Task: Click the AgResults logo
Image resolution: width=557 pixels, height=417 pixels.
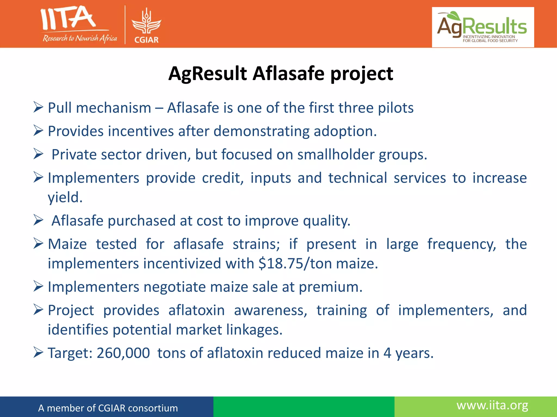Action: (x=483, y=27)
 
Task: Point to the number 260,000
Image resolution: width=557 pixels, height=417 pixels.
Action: (x=123, y=353)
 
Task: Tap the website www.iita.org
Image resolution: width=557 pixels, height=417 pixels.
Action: (x=492, y=405)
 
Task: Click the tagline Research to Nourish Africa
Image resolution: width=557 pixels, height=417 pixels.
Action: (x=80, y=38)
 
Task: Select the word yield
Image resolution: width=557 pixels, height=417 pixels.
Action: (x=65, y=197)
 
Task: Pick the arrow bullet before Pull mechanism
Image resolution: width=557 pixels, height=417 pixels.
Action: (x=38, y=108)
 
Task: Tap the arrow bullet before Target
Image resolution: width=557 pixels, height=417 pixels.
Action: (x=38, y=353)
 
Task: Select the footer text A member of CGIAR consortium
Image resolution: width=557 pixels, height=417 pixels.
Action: (x=108, y=408)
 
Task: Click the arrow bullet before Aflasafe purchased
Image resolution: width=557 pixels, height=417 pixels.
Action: (x=38, y=220)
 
